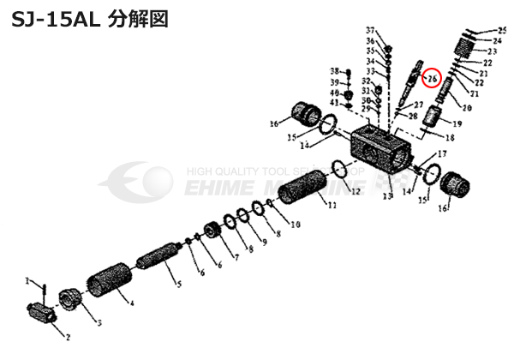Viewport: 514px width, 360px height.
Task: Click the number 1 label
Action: [27, 280]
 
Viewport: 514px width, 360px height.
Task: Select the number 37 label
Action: [370, 30]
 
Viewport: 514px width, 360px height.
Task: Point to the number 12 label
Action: [354, 191]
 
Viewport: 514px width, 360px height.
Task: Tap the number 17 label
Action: [442, 154]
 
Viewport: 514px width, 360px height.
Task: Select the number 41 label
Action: [336, 103]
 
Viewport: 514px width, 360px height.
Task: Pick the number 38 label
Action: [336, 70]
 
